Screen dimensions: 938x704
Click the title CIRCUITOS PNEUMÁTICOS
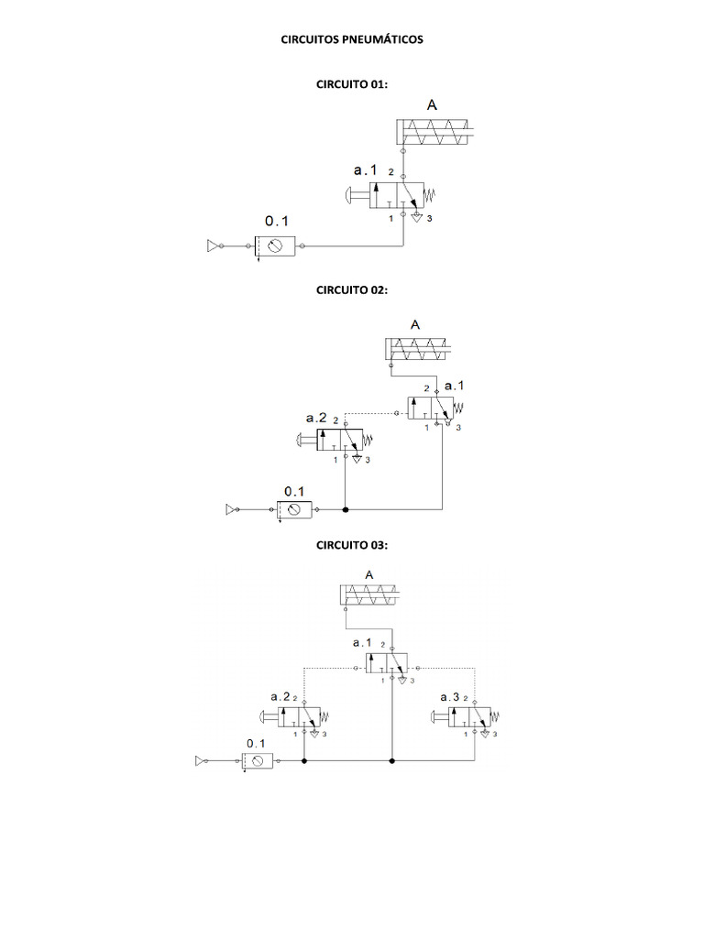[x=352, y=40]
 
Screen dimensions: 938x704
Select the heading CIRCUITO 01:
[x=352, y=84]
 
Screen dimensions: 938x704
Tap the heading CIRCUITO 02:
[x=352, y=289]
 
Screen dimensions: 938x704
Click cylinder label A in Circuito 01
[x=431, y=105]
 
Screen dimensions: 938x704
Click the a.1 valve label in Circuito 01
[x=365, y=170]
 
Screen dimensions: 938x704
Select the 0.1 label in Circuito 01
[x=276, y=221]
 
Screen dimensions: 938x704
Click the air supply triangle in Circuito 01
[x=214, y=245]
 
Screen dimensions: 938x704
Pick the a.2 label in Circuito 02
[x=316, y=417]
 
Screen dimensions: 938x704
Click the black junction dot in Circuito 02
[x=345, y=508]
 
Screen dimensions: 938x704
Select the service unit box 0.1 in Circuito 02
[x=294, y=509]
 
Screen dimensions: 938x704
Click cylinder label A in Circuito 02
[x=415, y=324]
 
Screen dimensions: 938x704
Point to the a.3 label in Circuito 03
[x=450, y=697]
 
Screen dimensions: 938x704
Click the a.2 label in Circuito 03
[x=280, y=697]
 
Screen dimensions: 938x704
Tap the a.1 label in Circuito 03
[x=362, y=643]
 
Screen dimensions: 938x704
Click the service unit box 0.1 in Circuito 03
[x=258, y=760]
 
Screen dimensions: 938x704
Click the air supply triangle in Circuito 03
[x=201, y=760]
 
